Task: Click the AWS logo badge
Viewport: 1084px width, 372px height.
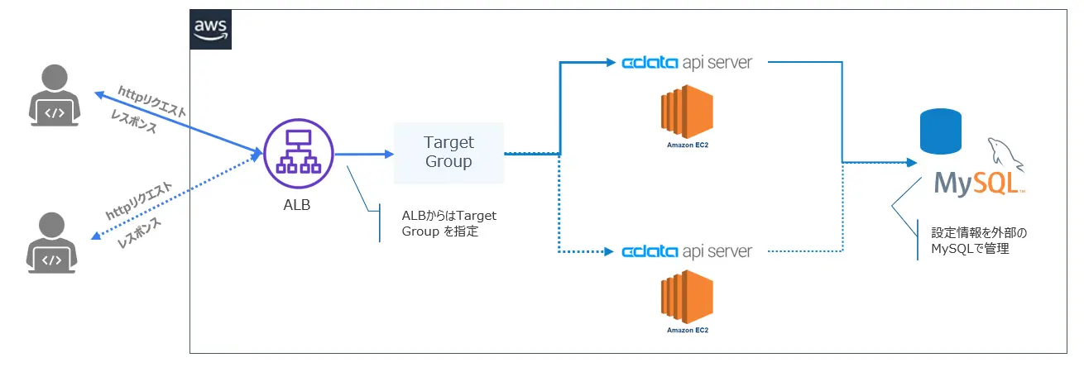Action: (211, 31)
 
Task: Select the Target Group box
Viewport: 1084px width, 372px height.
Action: (448, 153)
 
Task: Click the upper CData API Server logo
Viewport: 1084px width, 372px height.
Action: (687, 63)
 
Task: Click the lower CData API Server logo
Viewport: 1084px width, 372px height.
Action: (687, 250)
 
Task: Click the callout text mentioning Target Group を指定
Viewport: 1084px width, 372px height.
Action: (448, 224)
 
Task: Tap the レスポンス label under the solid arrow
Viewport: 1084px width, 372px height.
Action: (137, 123)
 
